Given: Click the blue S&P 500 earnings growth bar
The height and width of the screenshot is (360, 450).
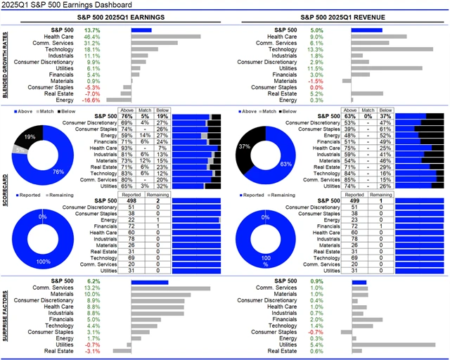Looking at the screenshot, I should click(x=141, y=30).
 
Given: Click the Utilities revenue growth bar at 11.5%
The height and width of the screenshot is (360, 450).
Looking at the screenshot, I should click(x=387, y=68).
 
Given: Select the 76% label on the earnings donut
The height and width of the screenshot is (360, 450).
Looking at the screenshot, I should click(x=58, y=172).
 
